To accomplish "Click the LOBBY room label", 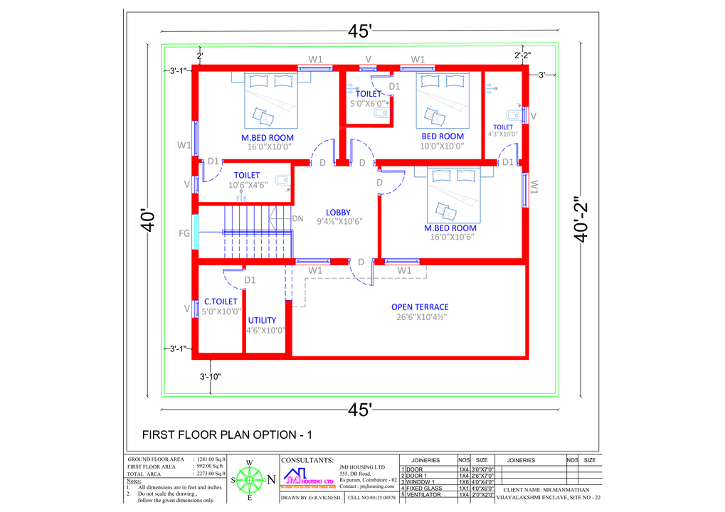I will tap(338, 212).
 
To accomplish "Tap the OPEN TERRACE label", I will tap(420, 307).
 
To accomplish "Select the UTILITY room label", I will tap(262, 320).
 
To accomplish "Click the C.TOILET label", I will tap(221, 302).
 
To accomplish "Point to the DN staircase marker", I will tap(298, 218).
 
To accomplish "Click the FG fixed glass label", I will tap(184, 233).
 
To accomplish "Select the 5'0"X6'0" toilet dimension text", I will tap(367, 104).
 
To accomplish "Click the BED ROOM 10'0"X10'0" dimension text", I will tap(442, 146).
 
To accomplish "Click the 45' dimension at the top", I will tap(360, 31).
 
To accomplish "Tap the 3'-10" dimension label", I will tap(211, 377).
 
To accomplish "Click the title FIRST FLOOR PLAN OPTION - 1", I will tap(227, 434).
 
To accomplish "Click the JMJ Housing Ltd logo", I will tap(308, 477).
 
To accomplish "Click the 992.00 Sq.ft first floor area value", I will tap(211, 466).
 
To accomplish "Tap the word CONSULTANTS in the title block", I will tap(307, 460).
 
